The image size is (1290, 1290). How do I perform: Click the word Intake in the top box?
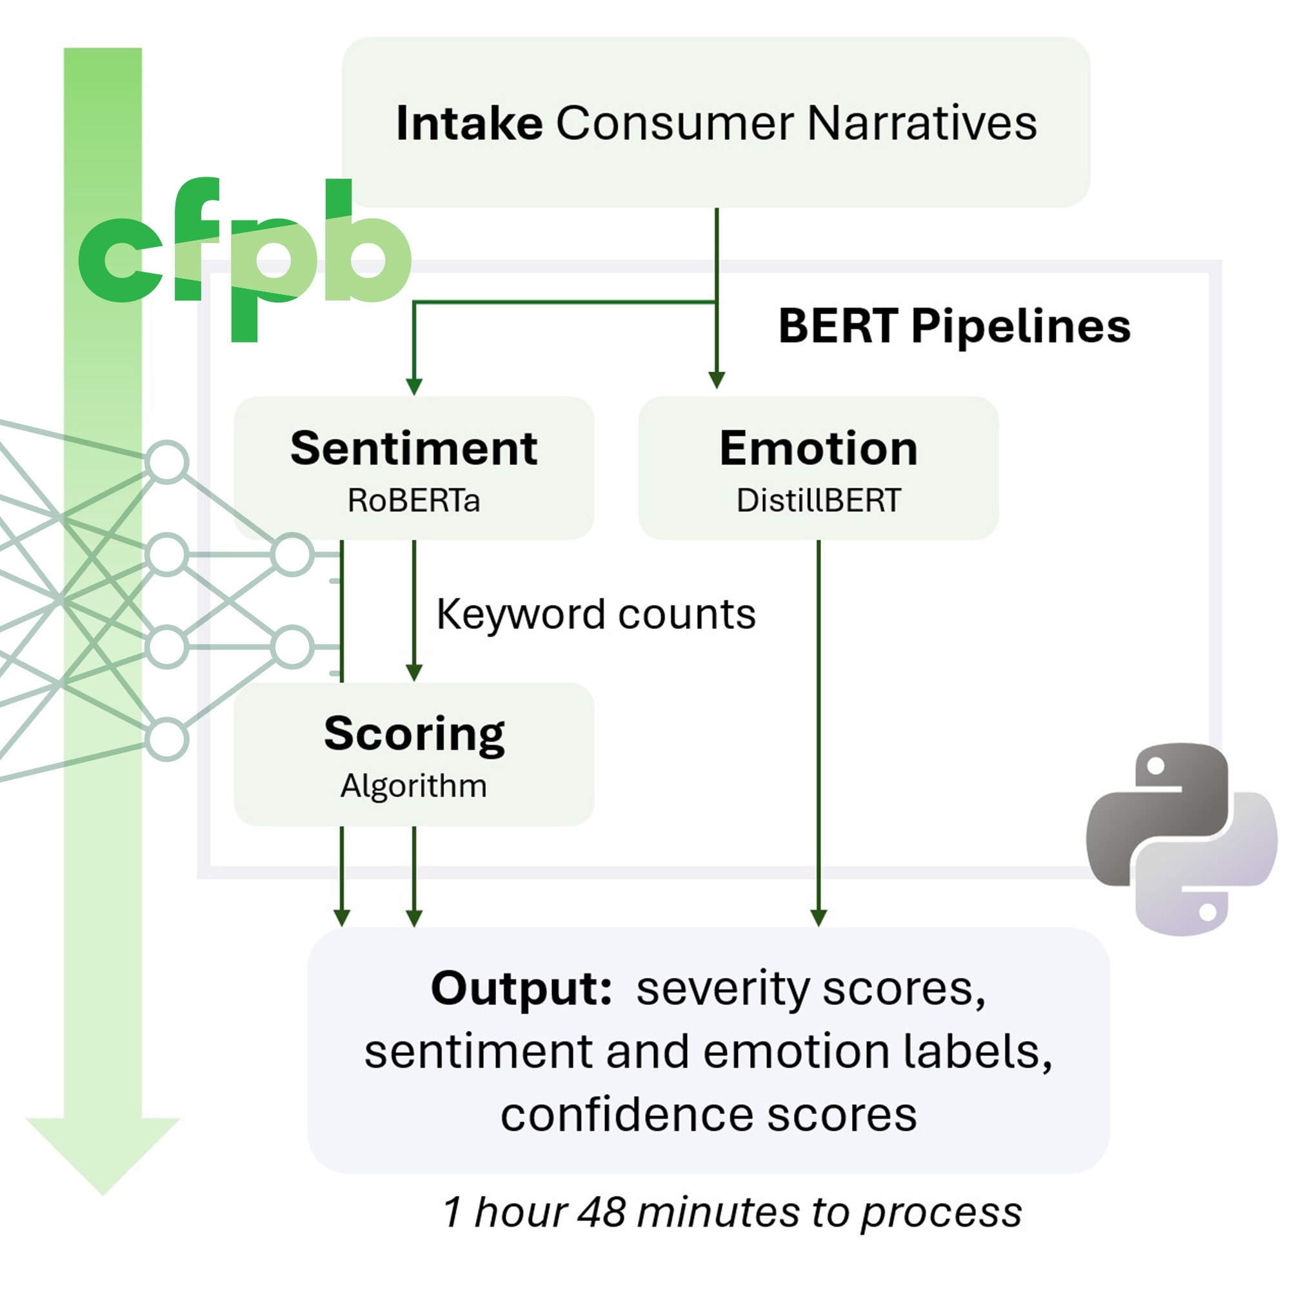coord(469,124)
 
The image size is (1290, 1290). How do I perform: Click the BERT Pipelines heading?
coord(954,326)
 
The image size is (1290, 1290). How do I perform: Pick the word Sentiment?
coord(413,448)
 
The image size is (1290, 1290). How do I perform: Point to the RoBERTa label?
coord(413,500)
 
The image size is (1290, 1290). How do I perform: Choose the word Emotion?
coord(818,448)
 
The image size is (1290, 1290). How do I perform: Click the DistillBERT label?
coord(818,500)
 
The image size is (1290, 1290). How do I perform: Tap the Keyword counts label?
coord(595,613)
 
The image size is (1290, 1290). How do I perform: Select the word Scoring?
coord(413,734)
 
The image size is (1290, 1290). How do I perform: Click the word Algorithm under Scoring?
coord(413,785)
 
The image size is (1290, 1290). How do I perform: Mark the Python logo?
coord(1180,838)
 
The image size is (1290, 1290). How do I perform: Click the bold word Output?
coord(521,988)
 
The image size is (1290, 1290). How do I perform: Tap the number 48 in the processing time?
coord(602,1212)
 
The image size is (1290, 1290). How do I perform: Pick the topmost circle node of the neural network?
coord(167,462)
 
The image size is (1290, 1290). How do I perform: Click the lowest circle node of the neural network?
coord(167,739)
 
